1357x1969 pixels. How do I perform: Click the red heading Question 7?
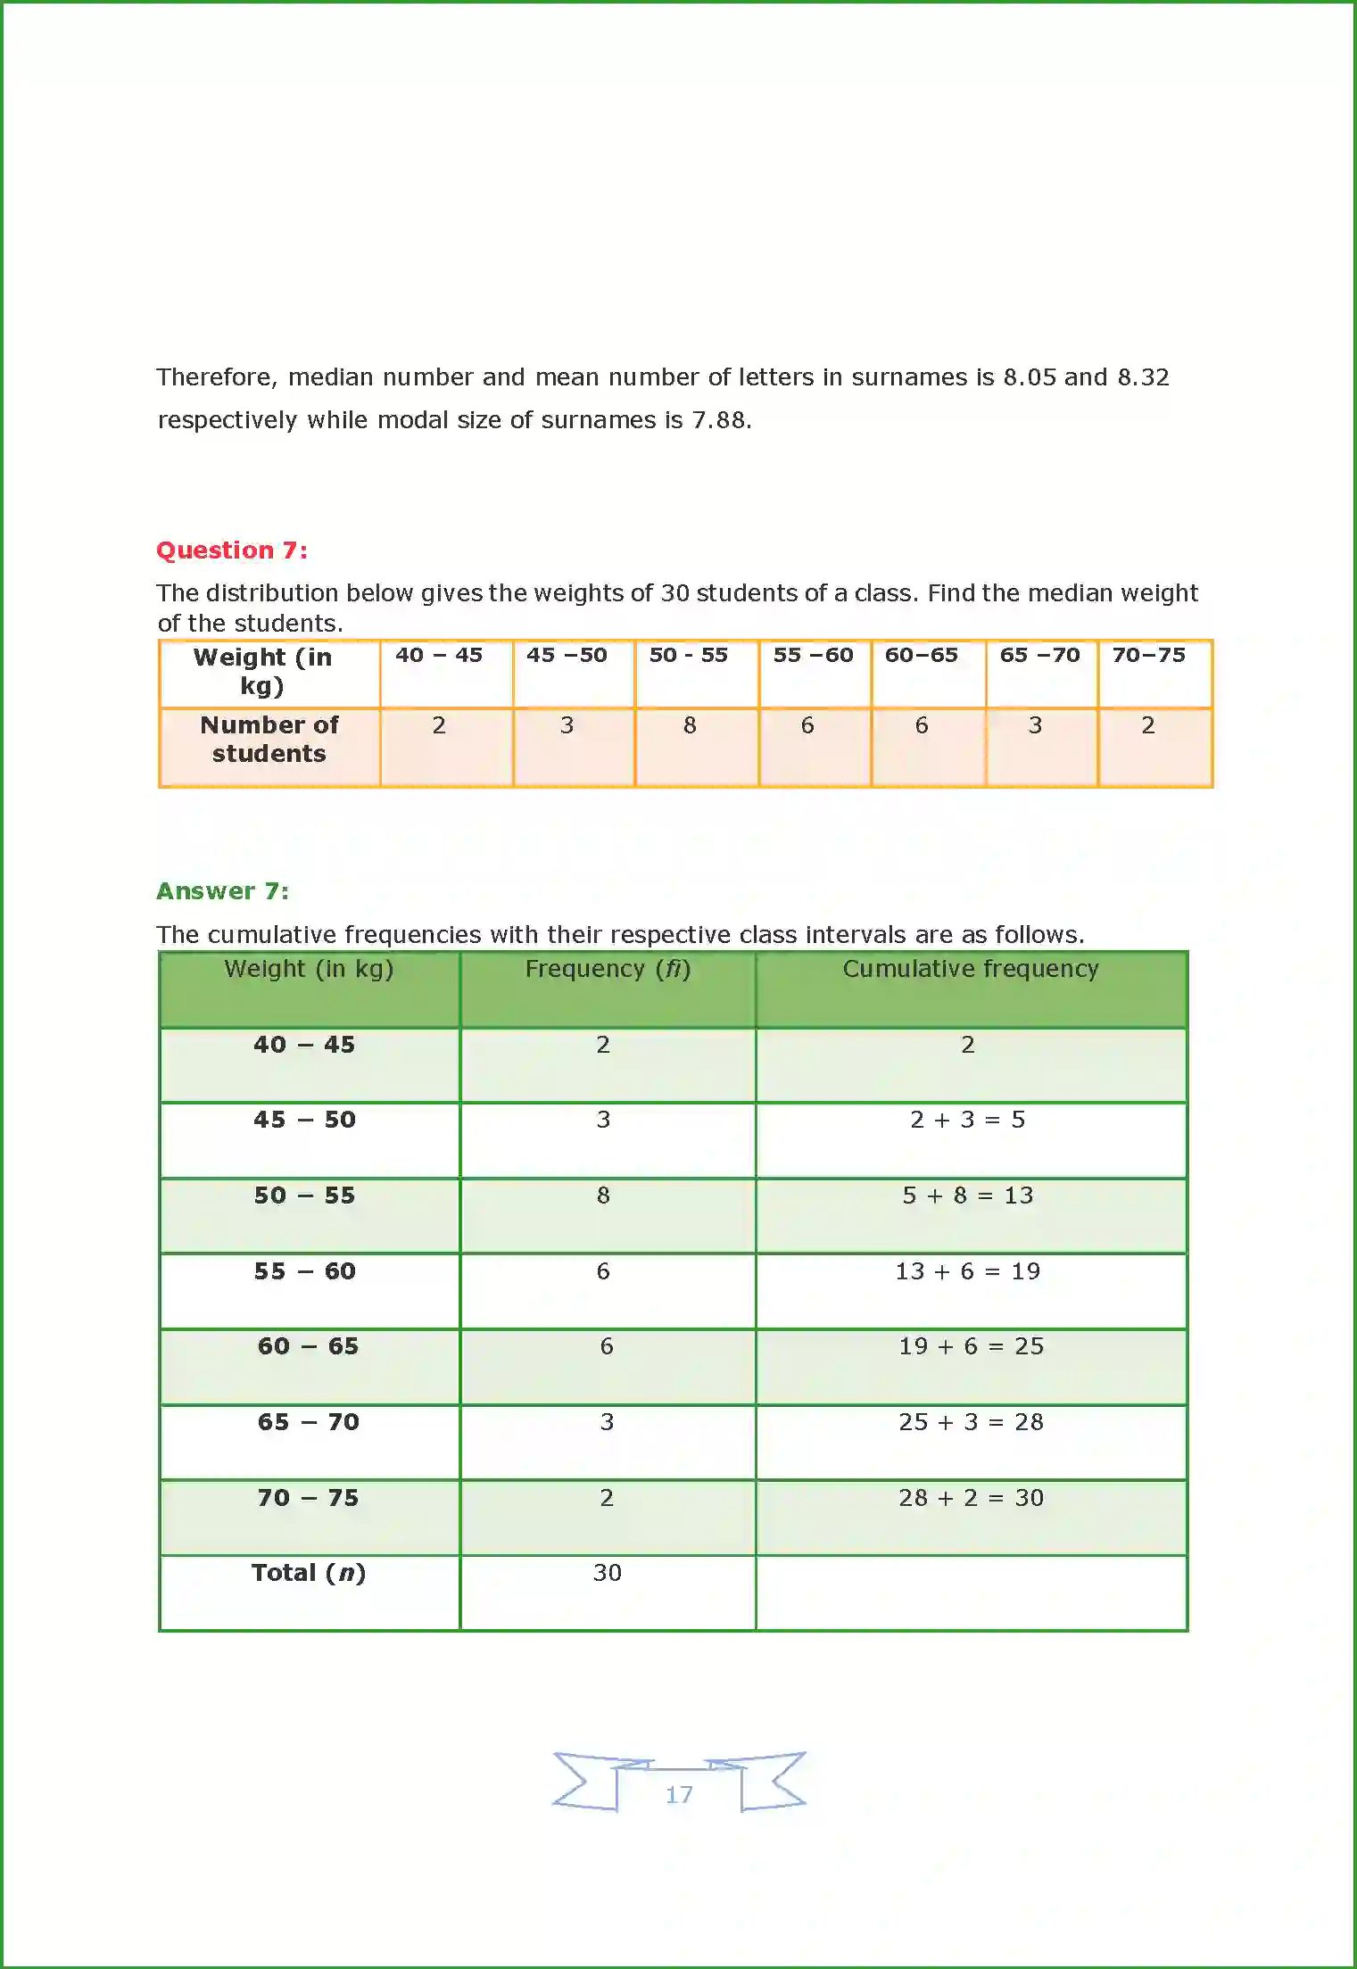pos(232,550)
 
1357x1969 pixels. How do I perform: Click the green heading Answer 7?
pos(223,891)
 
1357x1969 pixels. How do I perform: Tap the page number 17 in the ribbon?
pos(679,1794)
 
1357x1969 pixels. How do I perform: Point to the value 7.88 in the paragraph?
pos(718,420)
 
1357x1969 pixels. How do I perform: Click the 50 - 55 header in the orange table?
pos(688,656)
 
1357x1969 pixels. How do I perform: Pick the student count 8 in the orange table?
pos(690,725)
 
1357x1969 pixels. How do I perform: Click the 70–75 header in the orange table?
pos(1148,656)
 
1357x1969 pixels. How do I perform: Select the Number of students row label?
pos(269,740)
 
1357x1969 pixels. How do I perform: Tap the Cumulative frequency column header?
pos(971,970)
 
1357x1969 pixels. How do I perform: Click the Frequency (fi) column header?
pos(608,970)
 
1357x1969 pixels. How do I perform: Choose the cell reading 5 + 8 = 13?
pos(968,1196)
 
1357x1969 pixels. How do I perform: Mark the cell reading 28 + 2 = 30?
pos(971,1498)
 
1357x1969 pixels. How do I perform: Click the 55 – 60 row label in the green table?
pos(305,1271)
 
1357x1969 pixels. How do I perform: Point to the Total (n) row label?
pos(309,1573)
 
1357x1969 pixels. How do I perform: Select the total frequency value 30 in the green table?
pos(608,1573)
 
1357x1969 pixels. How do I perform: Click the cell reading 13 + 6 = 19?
pos(968,1271)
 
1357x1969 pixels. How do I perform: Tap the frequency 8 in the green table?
pos(604,1196)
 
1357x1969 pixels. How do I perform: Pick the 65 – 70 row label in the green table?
pos(309,1422)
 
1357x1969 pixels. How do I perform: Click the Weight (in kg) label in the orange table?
pos(262,671)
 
